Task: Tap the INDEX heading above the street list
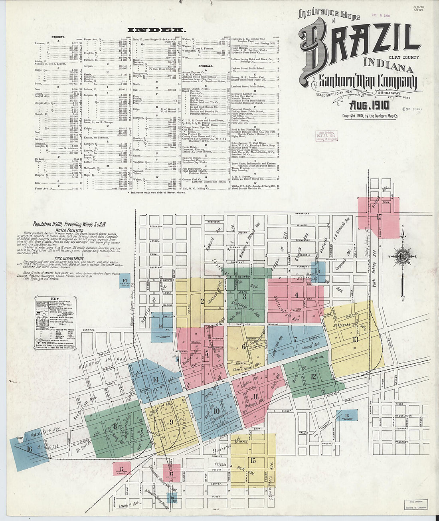tap(156, 30)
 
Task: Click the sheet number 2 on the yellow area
tap(202, 301)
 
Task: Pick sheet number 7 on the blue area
tap(295, 339)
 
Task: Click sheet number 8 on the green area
tap(115, 426)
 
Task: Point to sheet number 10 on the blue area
tap(216, 410)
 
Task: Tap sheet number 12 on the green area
tap(313, 376)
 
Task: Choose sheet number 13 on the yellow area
tap(355, 339)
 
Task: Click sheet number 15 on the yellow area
tap(253, 460)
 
